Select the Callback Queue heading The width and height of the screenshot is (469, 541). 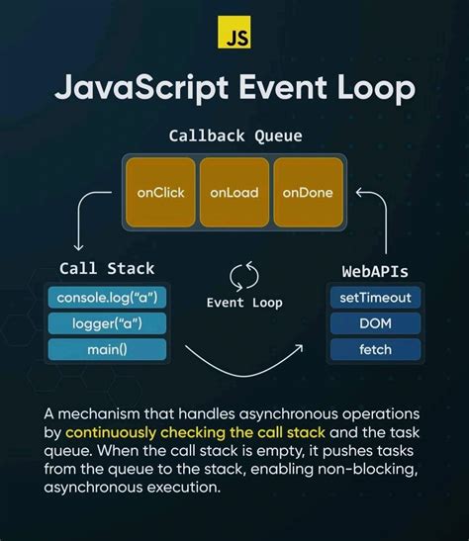pyautogui.click(x=234, y=135)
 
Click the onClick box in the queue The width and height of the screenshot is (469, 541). pyautogui.click(x=160, y=191)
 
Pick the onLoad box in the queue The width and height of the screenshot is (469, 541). pyautogui.click(x=234, y=191)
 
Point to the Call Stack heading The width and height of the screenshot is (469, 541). pyautogui.click(x=107, y=268)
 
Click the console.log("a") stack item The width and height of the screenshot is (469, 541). pyautogui.click(x=107, y=297)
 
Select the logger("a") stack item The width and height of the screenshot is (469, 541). pyautogui.click(x=107, y=322)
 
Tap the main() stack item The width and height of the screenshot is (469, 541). pyautogui.click(x=107, y=349)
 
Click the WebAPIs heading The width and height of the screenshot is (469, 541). pyautogui.click(x=375, y=269)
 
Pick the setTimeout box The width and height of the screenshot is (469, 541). pyautogui.click(x=375, y=297)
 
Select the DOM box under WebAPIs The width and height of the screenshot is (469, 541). pyautogui.click(x=375, y=322)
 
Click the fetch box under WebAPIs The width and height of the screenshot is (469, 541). pyautogui.click(x=375, y=349)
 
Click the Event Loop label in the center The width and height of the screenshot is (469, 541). pyautogui.click(x=244, y=303)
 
